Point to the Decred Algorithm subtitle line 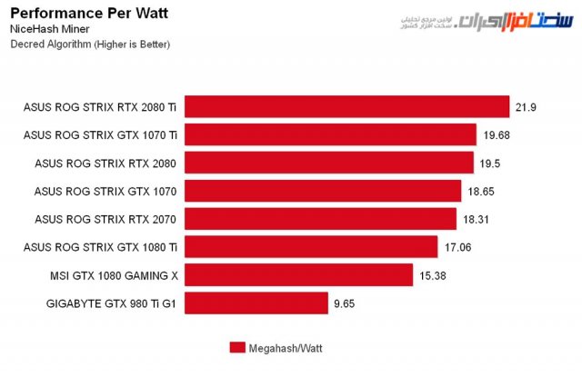tap(89, 44)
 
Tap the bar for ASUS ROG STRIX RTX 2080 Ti tap(346, 107)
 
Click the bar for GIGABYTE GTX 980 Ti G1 tap(256, 303)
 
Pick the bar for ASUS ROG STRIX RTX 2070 tap(320, 219)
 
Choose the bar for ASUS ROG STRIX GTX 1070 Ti tap(330, 135)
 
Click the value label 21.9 tap(527, 107)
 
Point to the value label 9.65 tap(345, 303)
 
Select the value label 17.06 tap(458, 247)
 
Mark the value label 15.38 tap(433, 275)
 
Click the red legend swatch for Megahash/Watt tap(236, 347)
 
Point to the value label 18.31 tap(477, 220)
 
